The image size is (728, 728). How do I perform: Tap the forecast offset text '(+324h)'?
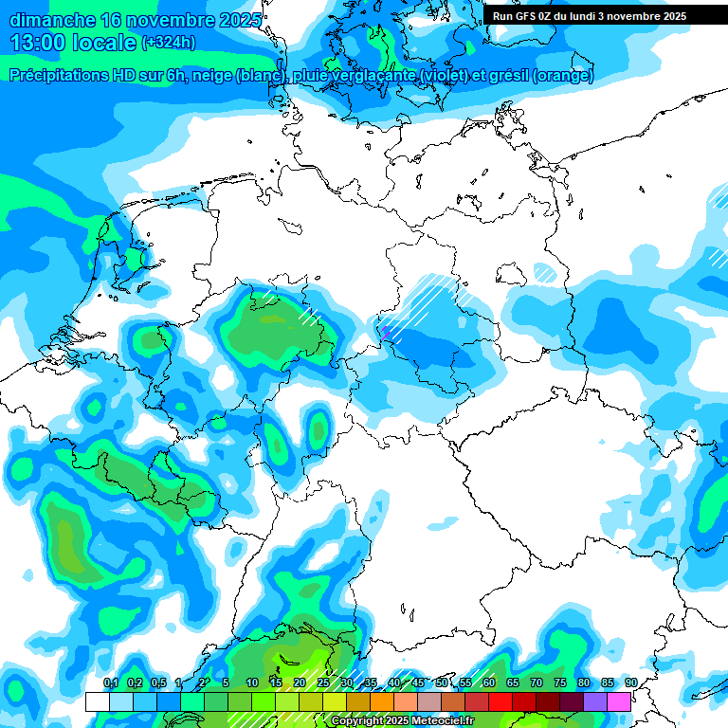pyautogui.click(x=169, y=43)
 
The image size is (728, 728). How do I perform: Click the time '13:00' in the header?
pyautogui.click(x=34, y=43)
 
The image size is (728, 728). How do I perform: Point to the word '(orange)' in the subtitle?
pyautogui.click(x=563, y=76)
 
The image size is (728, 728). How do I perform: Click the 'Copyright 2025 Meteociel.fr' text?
pyautogui.click(x=402, y=721)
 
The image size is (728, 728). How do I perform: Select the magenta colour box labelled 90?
pyautogui.click(x=619, y=701)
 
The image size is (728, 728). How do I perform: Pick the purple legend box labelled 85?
pyautogui.click(x=595, y=701)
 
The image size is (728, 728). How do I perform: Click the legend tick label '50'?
pyautogui.click(x=442, y=682)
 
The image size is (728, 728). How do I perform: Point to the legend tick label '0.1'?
pyautogui.click(x=110, y=682)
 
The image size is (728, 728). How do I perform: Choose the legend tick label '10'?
pyautogui.click(x=252, y=682)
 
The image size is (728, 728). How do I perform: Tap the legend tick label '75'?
pyautogui.click(x=560, y=682)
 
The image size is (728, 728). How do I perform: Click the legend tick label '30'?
pyautogui.click(x=347, y=682)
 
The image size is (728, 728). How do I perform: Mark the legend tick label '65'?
pyautogui.click(x=513, y=682)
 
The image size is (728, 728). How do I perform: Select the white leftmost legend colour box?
pyautogui.click(x=98, y=701)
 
